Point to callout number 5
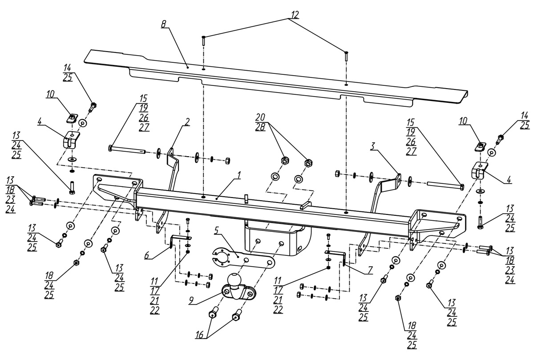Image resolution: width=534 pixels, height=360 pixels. coord(216,231)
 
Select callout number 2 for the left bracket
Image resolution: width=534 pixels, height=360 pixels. coord(188,121)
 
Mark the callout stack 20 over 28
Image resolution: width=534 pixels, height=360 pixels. coord(260,121)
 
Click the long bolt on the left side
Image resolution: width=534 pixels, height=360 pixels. coord(126,150)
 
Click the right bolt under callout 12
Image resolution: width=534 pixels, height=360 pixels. coord(346,57)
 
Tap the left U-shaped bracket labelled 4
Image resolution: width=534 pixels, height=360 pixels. coord(69,140)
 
